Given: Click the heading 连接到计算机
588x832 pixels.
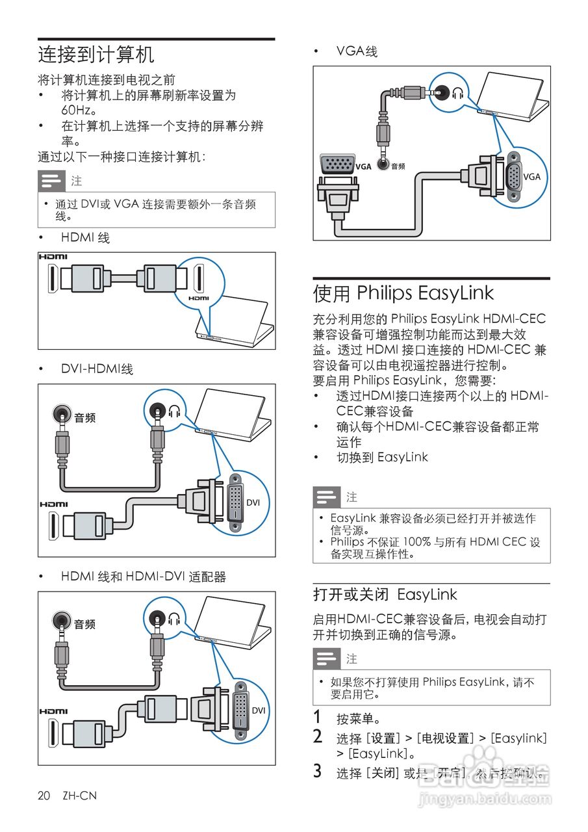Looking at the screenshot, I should [x=96, y=55].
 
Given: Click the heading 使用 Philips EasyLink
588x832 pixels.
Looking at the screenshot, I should [x=403, y=293].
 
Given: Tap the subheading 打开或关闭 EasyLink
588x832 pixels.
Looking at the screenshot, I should [x=385, y=595].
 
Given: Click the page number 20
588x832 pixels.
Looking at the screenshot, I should [x=44, y=796].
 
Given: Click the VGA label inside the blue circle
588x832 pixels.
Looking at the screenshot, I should [x=531, y=177].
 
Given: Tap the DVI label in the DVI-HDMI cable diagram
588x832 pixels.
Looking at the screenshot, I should [x=253, y=502].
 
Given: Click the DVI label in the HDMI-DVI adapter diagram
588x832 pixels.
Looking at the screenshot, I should [x=259, y=710].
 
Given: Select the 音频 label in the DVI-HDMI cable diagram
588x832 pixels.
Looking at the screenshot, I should [x=84, y=418].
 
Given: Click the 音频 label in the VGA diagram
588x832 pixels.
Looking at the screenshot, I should [x=397, y=166].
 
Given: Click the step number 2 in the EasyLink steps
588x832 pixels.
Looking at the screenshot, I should [x=317, y=737].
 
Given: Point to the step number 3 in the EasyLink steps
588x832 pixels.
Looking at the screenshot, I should [x=317, y=772].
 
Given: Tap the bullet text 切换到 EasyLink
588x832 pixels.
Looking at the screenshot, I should [x=382, y=457].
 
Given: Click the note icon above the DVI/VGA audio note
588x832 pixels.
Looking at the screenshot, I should [x=51, y=180].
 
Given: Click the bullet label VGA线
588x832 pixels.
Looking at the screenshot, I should [x=357, y=51].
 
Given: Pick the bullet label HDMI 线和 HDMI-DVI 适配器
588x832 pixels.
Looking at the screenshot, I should [x=144, y=577].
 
